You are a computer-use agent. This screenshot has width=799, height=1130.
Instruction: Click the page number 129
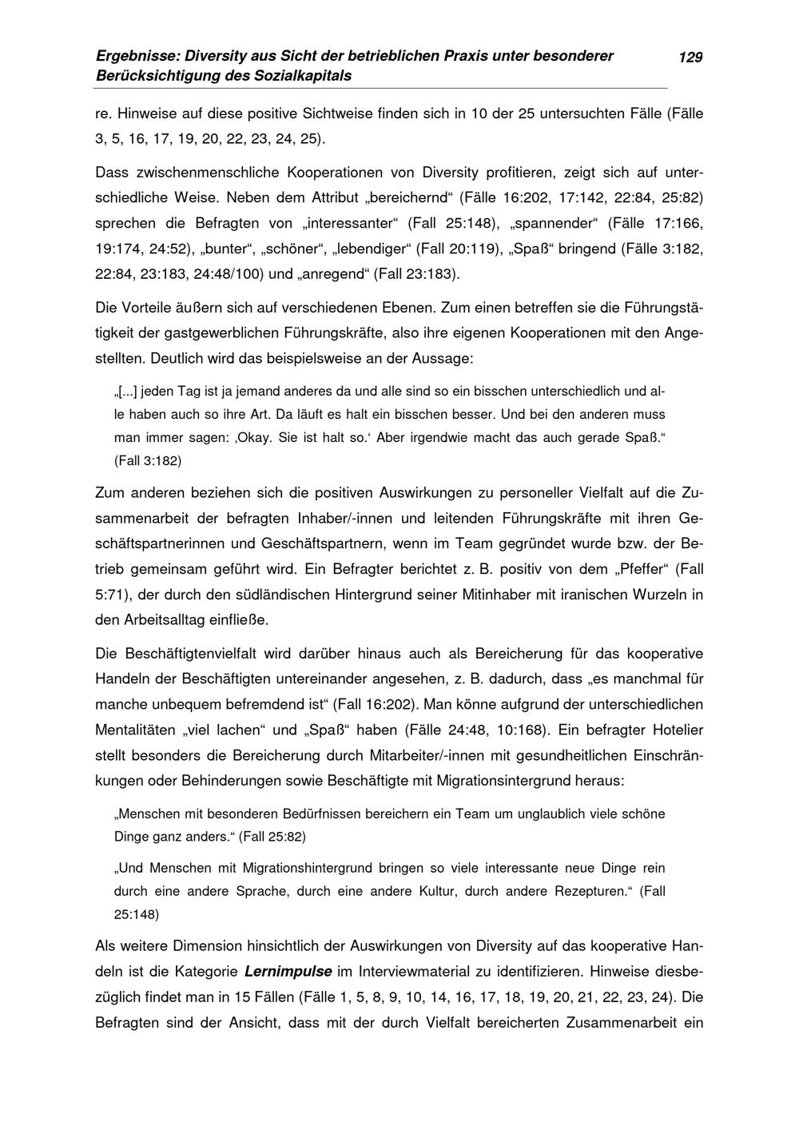coord(690,57)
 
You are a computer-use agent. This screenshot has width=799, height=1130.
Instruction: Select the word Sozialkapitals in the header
coord(304,76)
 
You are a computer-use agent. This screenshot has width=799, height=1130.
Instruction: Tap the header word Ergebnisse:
coord(137,57)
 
